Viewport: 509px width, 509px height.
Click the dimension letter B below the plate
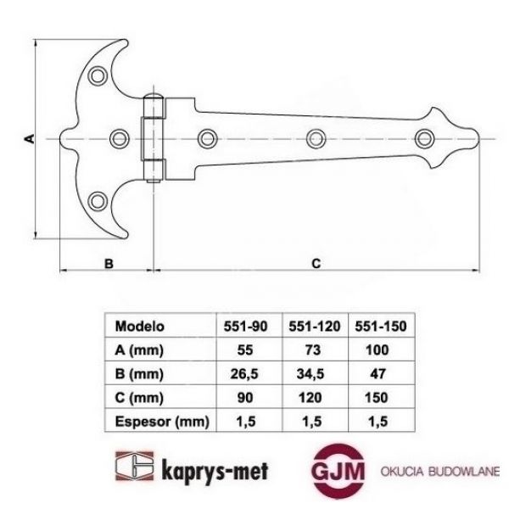pyautogui.click(x=108, y=264)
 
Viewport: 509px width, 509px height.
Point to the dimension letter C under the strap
pyautogui.click(x=314, y=264)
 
